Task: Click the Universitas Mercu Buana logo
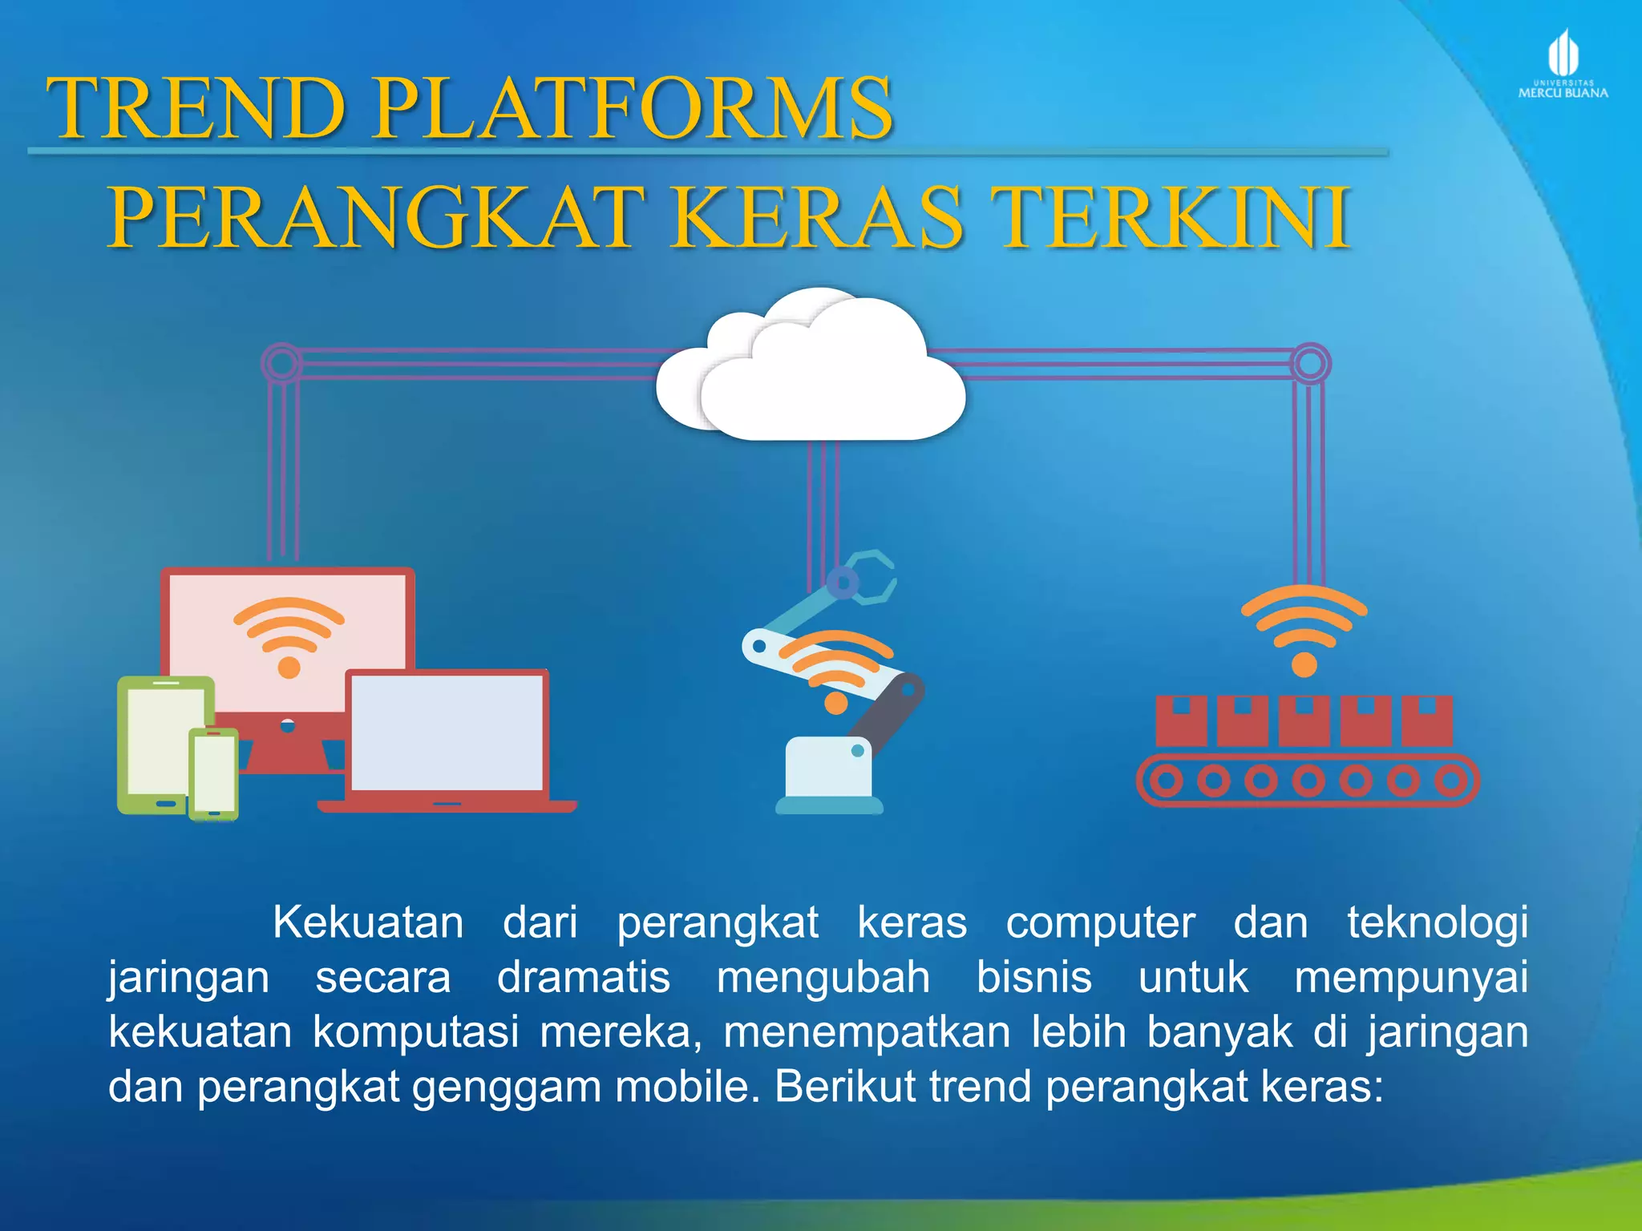1563,64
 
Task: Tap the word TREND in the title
196,108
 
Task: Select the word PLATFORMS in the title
633,108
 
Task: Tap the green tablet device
160,741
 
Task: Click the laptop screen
447,733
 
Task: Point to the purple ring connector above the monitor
281,363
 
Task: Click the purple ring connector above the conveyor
1310,363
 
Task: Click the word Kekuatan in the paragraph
368,922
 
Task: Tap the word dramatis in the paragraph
584,978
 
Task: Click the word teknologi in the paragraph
1437,922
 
